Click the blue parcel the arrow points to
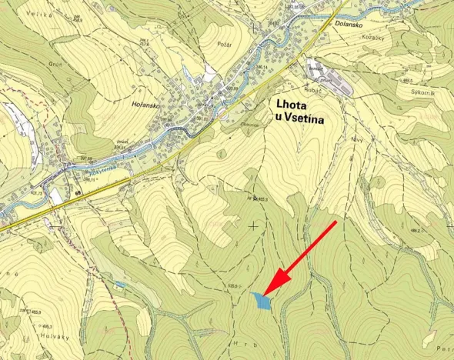pos(262,301)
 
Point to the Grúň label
pos(55,65)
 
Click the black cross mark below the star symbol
pos(254,225)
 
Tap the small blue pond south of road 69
pos(119,285)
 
